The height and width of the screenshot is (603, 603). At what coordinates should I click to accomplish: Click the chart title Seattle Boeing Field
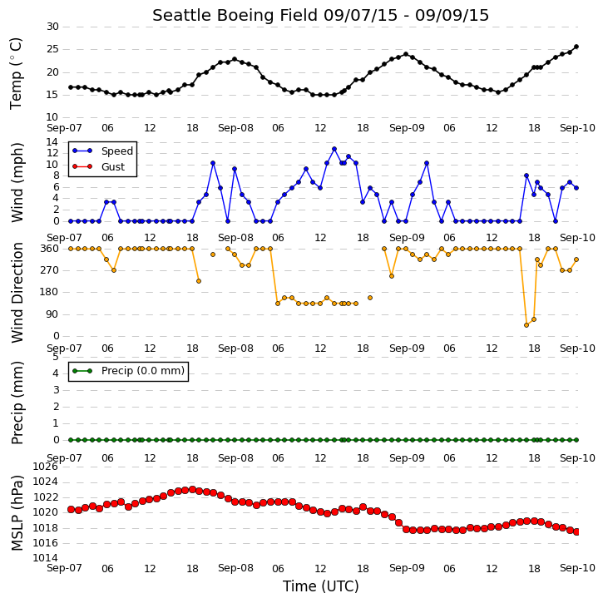(x=235, y=15)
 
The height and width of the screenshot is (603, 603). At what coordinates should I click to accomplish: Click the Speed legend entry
(x=102, y=151)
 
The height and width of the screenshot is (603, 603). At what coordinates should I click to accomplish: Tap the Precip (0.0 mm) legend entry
(x=129, y=371)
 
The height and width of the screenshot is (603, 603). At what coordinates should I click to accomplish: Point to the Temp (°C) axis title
(x=16, y=74)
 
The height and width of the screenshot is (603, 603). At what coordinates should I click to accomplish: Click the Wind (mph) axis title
(x=17, y=182)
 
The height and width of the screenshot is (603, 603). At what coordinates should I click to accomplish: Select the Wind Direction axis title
(x=17, y=293)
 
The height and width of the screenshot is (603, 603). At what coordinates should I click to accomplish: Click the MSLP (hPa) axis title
(x=17, y=513)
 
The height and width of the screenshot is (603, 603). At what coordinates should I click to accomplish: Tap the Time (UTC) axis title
(x=321, y=586)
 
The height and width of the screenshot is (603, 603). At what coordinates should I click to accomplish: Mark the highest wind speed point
(x=334, y=149)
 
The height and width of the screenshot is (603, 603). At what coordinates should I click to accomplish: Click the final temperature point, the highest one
(x=576, y=47)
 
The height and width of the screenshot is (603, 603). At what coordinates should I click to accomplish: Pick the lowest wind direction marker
(x=526, y=325)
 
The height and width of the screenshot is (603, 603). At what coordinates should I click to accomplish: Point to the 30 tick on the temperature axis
(x=52, y=27)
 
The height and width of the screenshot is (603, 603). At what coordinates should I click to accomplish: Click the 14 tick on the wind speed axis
(x=52, y=142)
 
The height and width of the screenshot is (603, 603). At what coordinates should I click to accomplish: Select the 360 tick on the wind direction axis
(x=50, y=249)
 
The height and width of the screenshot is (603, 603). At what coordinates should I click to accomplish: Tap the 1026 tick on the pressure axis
(x=46, y=467)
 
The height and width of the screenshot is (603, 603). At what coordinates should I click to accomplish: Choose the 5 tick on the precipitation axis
(x=56, y=357)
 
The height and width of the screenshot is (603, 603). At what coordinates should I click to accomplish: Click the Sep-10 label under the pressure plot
(x=577, y=568)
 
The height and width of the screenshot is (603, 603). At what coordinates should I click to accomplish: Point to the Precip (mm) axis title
(x=17, y=403)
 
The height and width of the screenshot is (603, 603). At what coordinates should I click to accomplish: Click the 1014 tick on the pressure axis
(x=46, y=558)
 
